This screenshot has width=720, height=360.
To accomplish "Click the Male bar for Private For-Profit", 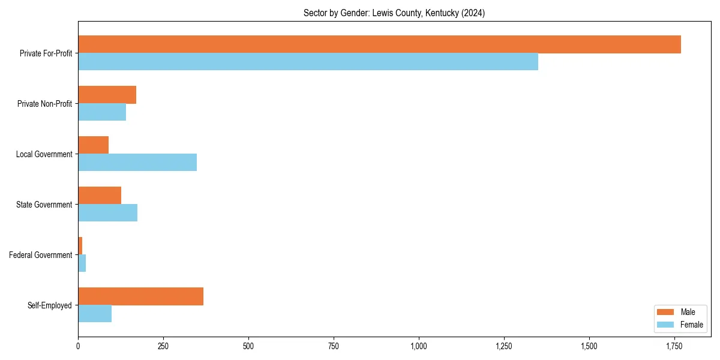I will (379, 44).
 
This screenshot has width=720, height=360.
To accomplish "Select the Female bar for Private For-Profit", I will (308, 62).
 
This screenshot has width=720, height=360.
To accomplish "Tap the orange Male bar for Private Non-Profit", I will (107, 95).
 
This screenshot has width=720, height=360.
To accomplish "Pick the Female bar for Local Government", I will (137, 163).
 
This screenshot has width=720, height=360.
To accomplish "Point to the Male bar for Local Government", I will (93, 145).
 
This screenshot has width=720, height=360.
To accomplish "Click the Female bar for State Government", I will (107, 213).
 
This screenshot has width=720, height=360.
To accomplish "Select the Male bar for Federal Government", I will (80, 246).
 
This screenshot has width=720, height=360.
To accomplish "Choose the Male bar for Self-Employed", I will (140, 296).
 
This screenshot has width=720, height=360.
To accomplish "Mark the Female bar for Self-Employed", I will (95, 314).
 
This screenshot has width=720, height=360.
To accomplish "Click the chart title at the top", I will (394, 13).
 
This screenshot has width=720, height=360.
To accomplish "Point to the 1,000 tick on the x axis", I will (419, 346).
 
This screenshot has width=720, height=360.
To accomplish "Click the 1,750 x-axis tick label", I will (674, 346).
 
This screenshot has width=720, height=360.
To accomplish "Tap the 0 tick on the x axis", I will (78, 346).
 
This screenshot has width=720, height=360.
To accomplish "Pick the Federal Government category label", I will (41, 255).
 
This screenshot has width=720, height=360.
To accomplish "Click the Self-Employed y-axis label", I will (50, 305).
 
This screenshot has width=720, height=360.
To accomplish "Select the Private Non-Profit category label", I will (44, 104).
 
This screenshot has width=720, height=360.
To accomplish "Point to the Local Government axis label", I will (44, 154).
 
